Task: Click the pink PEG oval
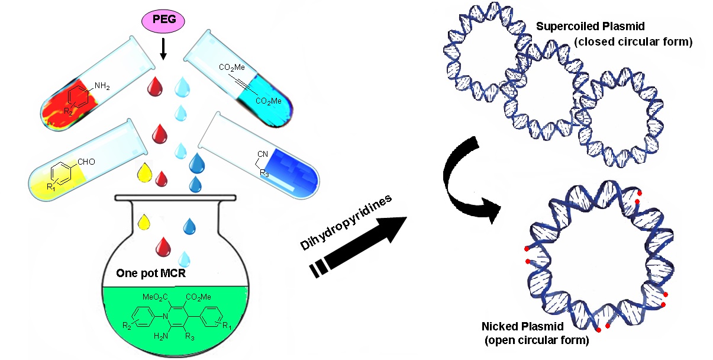pos(164,22)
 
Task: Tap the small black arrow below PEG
pos(164,52)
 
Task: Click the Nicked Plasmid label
pos(505,328)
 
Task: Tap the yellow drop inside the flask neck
pos(143,223)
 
